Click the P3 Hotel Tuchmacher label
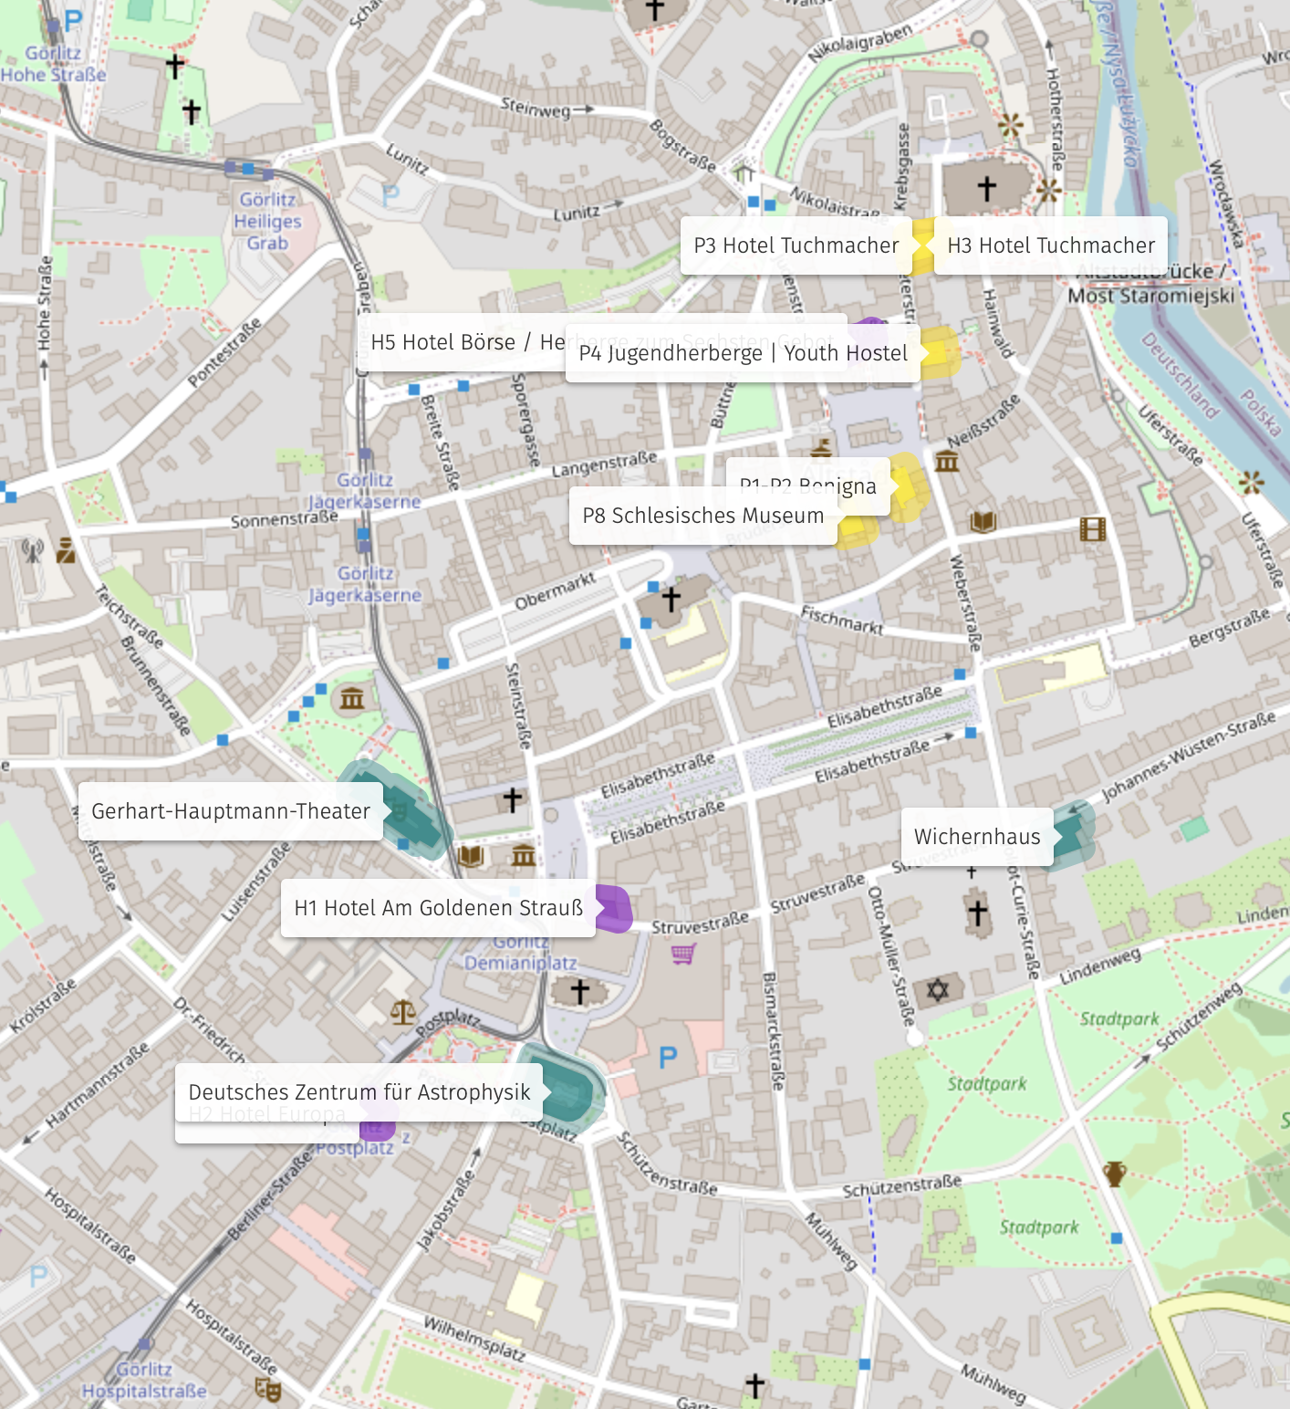796,245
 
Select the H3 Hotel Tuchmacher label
1051,245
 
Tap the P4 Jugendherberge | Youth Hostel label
743,353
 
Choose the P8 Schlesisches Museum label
702,516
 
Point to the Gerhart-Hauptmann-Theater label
230,811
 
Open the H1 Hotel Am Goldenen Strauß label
438,908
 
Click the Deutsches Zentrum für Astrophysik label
359,1092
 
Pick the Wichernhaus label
977,837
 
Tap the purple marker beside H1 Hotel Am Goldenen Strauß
614,909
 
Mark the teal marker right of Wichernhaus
1073,834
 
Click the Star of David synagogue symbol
938,989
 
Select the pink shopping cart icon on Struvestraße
683,954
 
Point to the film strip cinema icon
1092,528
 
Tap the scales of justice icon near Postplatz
403,1012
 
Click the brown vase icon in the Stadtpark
1115,1174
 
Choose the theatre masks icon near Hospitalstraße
267,1389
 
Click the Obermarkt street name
555,591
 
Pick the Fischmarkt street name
842,621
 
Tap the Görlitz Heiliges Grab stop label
267,222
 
